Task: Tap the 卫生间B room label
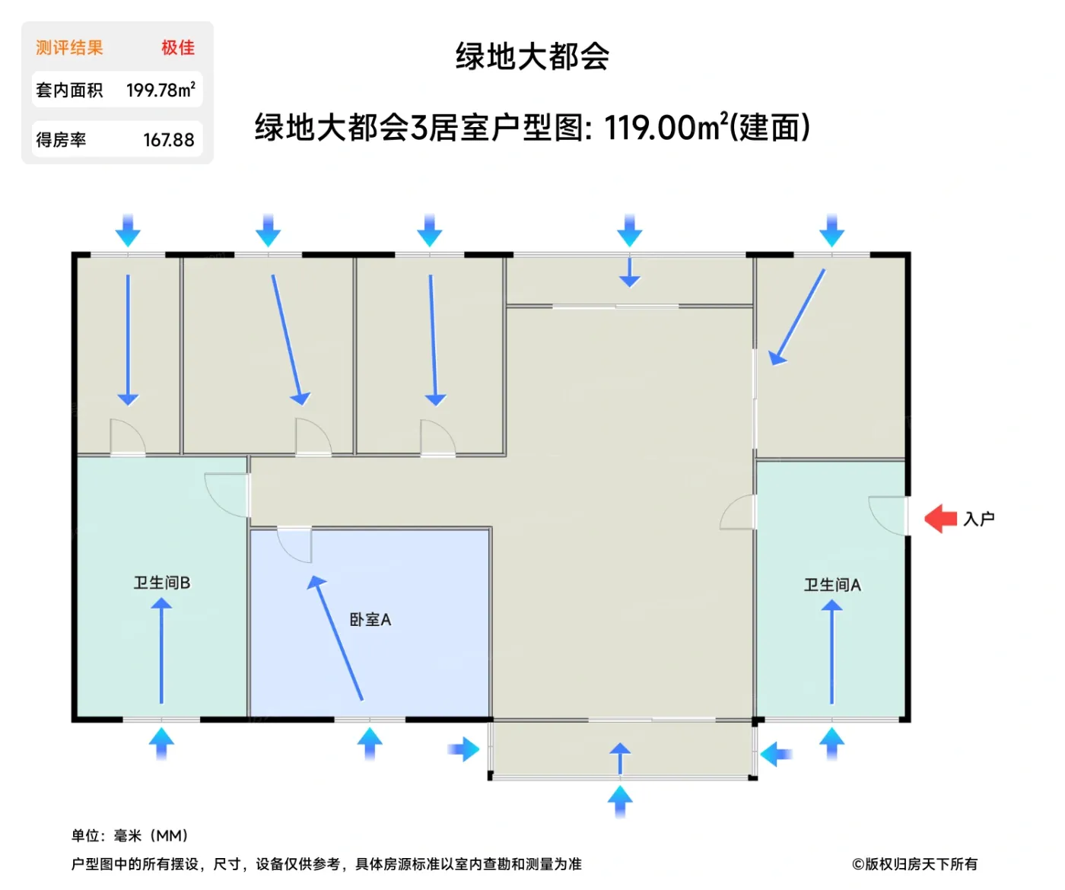click(162, 583)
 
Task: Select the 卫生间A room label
click(832, 585)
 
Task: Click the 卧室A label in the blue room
click(370, 620)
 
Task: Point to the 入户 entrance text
click(979, 519)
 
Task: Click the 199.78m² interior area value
click(161, 91)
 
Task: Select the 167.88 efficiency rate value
click(169, 140)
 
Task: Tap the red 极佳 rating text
click(178, 48)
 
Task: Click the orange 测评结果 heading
click(69, 48)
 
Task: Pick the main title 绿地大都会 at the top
click(532, 57)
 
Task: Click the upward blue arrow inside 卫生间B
click(161, 650)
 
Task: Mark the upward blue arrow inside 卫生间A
click(831, 651)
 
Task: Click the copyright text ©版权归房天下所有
click(914, 864)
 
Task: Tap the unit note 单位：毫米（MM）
click(130, 835)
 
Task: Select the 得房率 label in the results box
click(61, 140)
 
